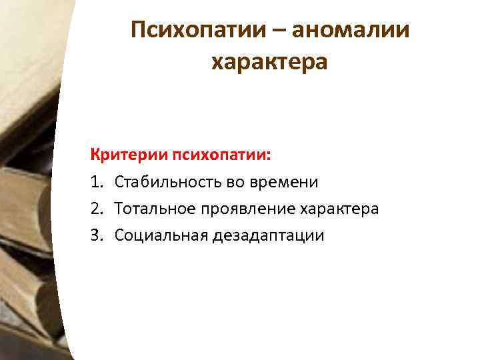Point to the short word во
tap(225, 182)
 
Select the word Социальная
tap(155, 235)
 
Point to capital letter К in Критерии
tap(95, 155)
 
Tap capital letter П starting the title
tap(139, 29)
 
